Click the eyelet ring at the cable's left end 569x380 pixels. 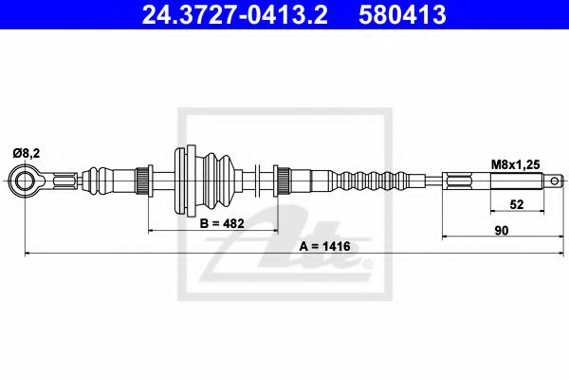click(26, 179)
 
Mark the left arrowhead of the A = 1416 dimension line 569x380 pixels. click(28, 253)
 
